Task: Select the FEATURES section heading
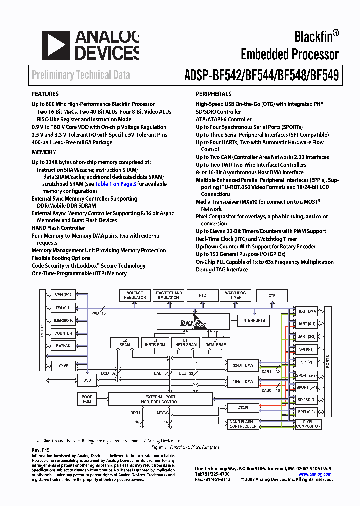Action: [45, 94]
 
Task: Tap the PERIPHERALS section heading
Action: [213, 94]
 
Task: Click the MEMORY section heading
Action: [44, 152]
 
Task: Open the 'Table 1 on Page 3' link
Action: [115, 184]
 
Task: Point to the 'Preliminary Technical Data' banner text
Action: [81, 75]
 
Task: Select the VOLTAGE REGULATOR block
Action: [135, 295]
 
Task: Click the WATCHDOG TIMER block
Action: [236, 295]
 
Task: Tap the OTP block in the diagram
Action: [272, 295]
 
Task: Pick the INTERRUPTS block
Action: [254, 320]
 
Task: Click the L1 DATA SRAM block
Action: [216, 342]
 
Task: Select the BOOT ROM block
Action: [87, 399]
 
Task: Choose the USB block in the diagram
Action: [87, 381]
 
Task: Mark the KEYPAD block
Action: [63, 345]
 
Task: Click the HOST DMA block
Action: [306, 311]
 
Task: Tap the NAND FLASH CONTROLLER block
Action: [243, 424]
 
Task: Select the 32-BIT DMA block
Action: [243, 365]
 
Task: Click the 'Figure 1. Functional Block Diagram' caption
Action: [192, 448]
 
